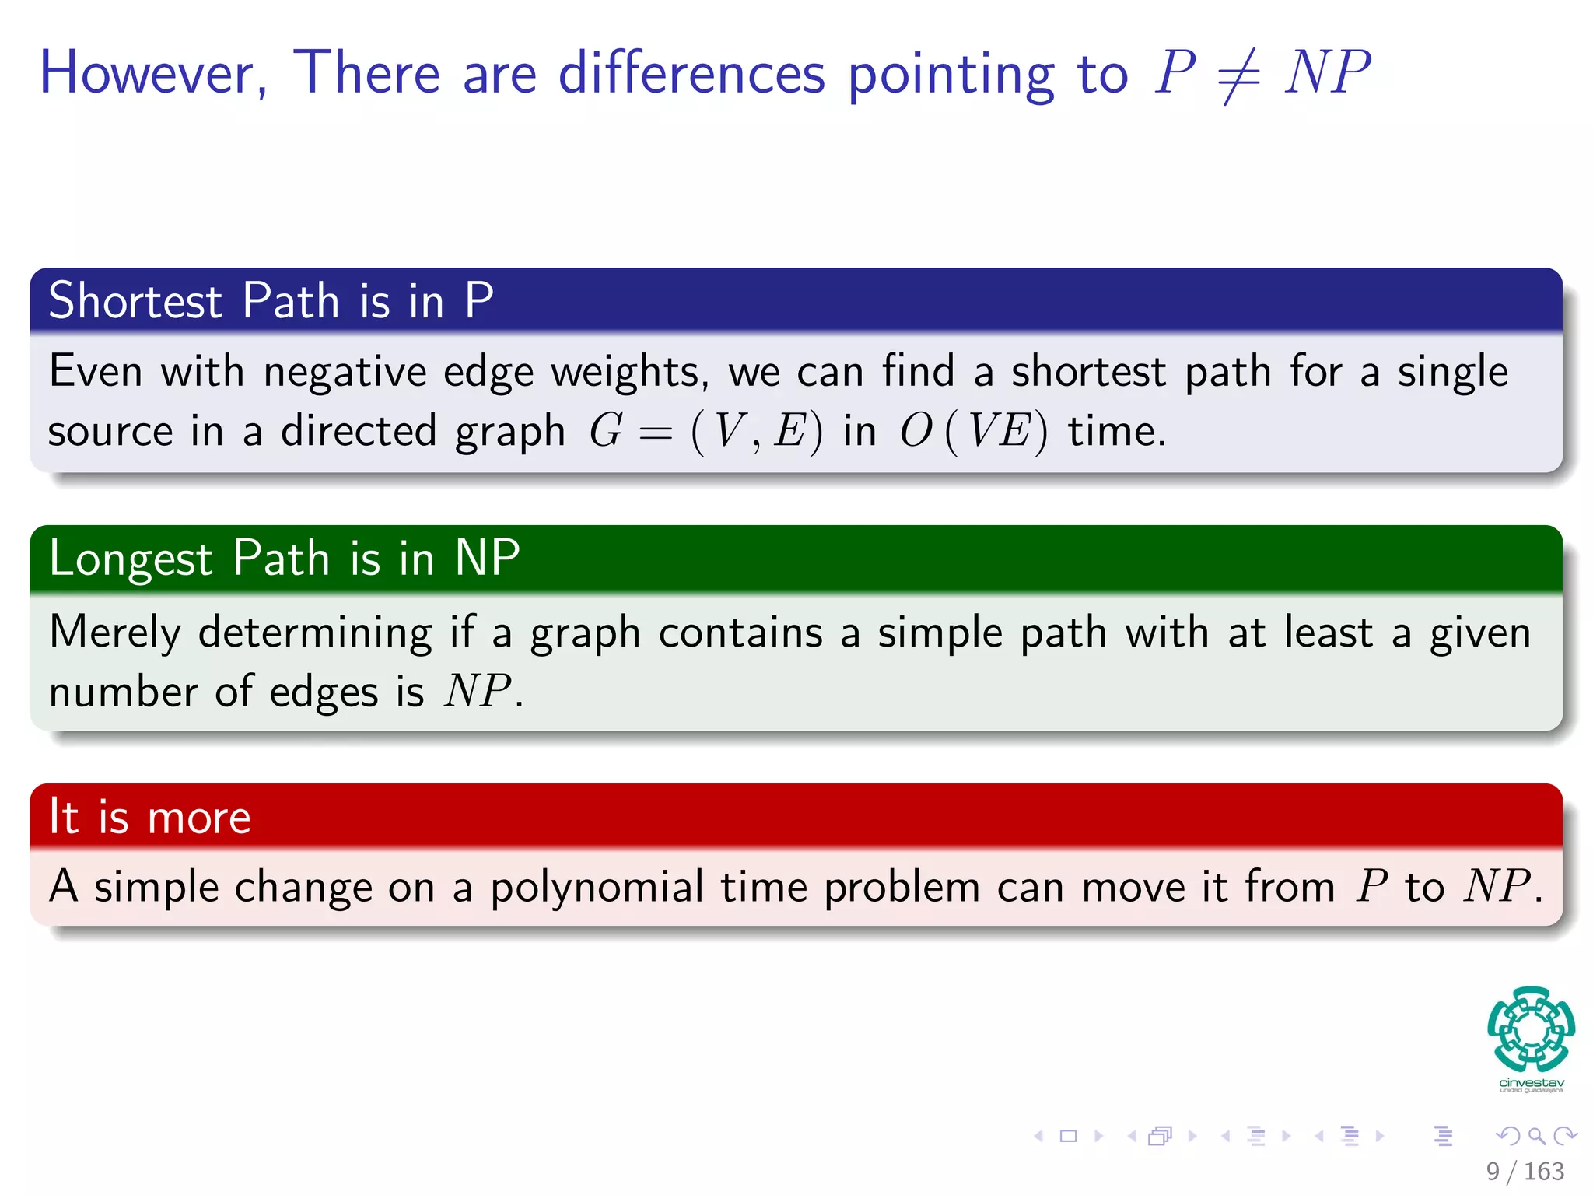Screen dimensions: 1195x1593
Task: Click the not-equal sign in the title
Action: coord(1239,75)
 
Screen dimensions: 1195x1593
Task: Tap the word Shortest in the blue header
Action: coord(135,301)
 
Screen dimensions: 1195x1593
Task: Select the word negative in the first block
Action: coord(344,373)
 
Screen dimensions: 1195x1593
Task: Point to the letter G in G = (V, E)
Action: coord(606,431)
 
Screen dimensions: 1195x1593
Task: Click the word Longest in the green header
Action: coord(131,559)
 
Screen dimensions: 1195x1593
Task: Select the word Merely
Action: coord(114,633)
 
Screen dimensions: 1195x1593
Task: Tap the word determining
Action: coord(314,633)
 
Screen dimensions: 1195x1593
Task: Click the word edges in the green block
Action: coord(323,692)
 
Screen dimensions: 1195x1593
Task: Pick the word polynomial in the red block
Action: coord(597,888)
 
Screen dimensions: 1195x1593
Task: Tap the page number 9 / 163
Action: coord(1525,1171)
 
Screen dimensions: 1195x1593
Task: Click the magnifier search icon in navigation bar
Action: coord(1536,1136)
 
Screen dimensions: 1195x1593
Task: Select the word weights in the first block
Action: coord(629,373)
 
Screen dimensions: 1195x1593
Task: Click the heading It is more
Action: coord(149,818)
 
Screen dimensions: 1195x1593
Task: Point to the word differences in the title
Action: coord(691,73)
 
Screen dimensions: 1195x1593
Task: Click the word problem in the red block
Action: coord(902,888)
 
